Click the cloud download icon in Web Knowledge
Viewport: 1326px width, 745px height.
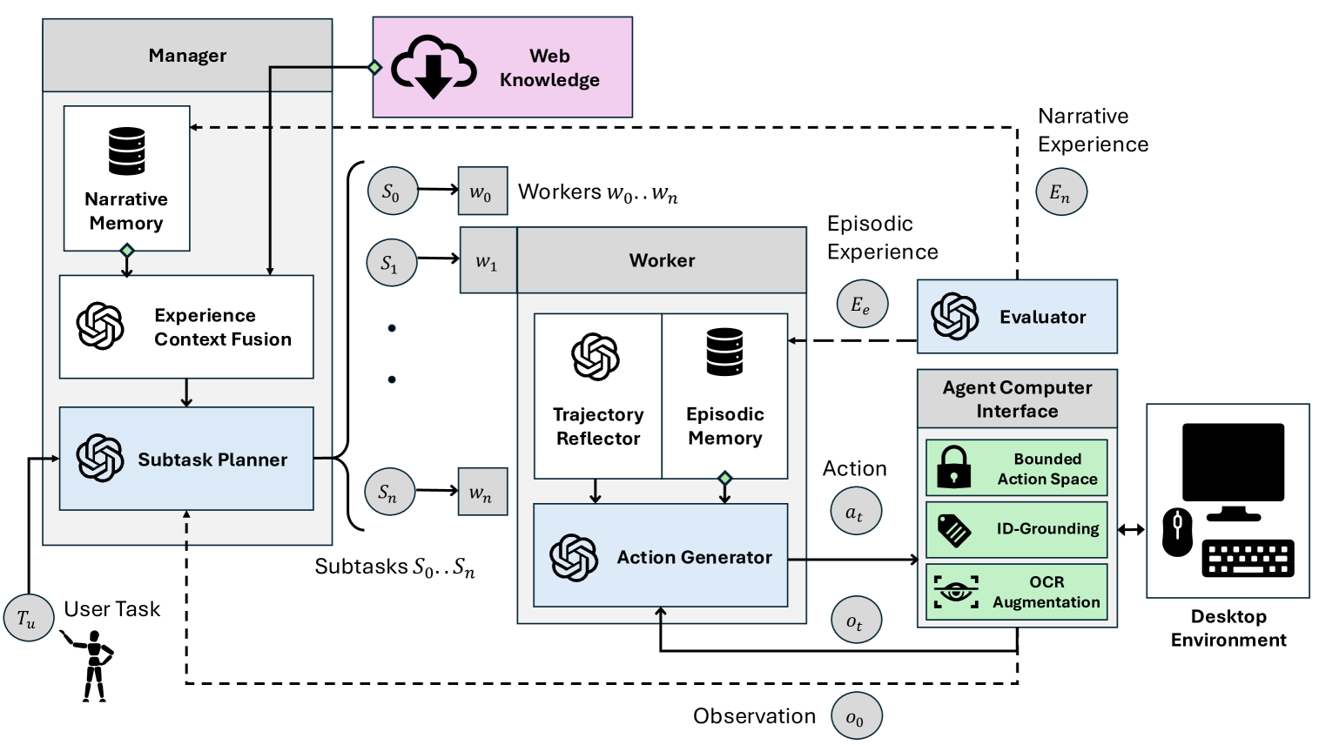(x=434, y=67)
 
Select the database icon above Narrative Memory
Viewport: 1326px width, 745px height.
(x=127, y=151)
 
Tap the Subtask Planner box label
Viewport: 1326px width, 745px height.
(x=212, y=460)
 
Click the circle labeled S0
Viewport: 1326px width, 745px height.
(x=393, y=191)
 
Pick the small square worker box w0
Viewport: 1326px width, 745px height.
(x=482, y=191)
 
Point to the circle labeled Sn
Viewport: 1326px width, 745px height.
(x=389, y=491)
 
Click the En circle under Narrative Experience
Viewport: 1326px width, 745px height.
(x=1060, y=191)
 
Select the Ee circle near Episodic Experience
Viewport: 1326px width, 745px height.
(x=862, y=304)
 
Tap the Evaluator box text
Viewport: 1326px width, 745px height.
(x=1042, y=317)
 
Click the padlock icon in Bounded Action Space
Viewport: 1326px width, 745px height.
(x=953, y=467)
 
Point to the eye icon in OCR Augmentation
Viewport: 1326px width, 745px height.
(x=955, y=592)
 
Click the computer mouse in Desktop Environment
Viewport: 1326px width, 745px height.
(x=1177, y=533)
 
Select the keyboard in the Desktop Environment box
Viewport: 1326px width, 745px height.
(x=1248, y=558)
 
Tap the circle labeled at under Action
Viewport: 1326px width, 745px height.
(x=855, y=511)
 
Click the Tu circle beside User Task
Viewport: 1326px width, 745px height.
(x=29, y=618)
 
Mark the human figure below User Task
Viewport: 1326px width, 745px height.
(x=90, y=665)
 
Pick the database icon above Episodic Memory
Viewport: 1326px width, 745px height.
(x=724, y=352)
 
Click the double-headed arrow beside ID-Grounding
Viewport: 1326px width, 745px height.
(x=1131, y=530)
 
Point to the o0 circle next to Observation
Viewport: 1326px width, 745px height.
(x=856, y=716)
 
